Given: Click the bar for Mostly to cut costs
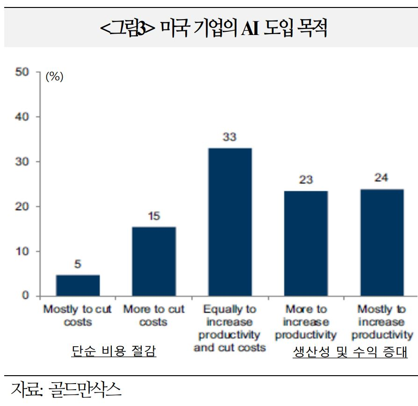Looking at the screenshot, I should [x=78, y=285].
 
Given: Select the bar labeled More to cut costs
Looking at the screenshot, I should [x=154, y=261].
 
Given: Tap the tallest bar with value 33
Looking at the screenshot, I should [x=230, y=222].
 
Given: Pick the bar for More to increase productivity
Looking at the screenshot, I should [x=306, y=243].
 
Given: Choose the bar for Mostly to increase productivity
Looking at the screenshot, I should [x=382, y=242].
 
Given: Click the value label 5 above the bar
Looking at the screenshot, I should [x=78, y=265].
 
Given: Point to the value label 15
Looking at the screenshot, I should [x=154, y=216].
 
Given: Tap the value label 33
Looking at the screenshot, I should [x=230, y=137].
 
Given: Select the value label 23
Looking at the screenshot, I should [x=306, y=180].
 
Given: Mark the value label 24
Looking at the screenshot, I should [x=382, y=178].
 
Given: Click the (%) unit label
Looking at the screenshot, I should [x=54, y=77].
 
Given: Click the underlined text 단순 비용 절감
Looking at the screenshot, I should [x=114, y=352].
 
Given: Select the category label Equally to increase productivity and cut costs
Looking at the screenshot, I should [x=230, y=329].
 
